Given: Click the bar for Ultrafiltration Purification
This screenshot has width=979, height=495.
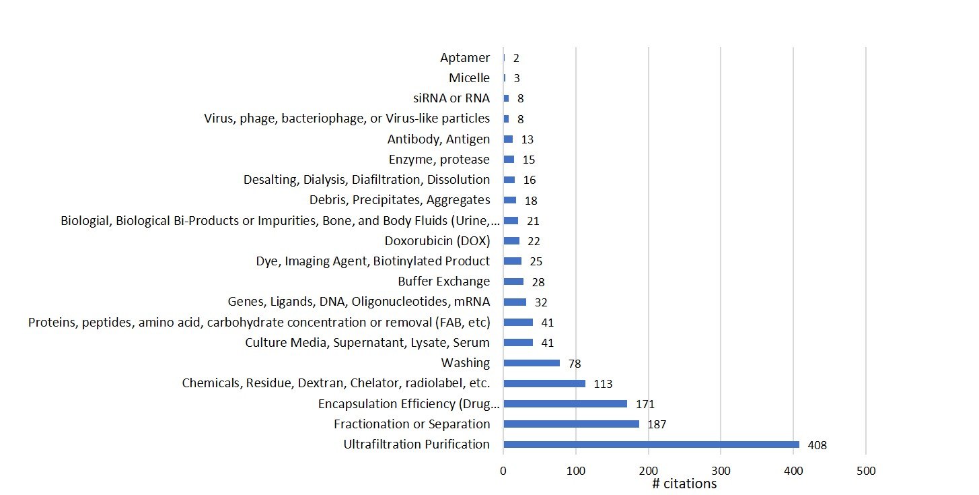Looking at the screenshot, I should click(x=651, y=444).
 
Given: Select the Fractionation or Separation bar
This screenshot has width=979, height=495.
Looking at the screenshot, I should click(x=571, y=424).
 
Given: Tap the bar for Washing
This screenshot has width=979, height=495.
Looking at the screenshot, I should click(x=532, y=363).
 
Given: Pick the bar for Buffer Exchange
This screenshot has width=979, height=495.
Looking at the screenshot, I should click(x=513, y=282).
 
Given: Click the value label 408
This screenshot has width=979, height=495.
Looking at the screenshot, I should click(x=818, y=445).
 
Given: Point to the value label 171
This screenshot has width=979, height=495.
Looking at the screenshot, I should click(x=645, y=404).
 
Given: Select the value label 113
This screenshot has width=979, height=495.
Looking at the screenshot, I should click(x=604, y=384).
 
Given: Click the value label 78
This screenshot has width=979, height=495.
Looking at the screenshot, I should click(x=574, y=364).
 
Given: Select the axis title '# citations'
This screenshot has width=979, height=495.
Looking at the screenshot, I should click(x=684, y=484).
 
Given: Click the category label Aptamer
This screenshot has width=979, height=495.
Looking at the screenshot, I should click(x=465, y=58).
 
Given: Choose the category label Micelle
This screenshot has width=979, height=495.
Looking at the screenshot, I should click(x=469, y=78).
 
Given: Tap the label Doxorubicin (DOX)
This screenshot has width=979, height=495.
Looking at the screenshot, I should click(x=437, y=241).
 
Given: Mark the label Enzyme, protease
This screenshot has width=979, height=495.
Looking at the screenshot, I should click(x=439, y=160).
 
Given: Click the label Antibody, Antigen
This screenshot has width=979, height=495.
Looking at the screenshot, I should click(x=439, y=139).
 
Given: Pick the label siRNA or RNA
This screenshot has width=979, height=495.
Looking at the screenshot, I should click(x=452, y=98).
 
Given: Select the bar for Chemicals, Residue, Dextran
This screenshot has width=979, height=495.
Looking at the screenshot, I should click(x=544, y=383).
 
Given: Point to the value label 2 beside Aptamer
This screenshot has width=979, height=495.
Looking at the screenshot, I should click(x=516, y=59).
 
